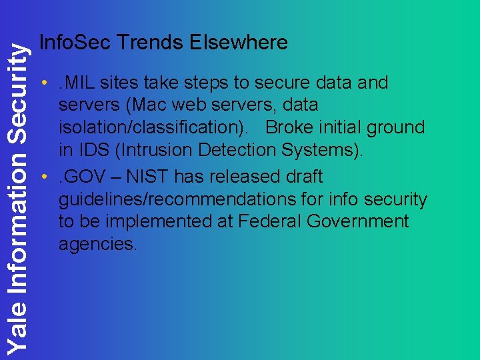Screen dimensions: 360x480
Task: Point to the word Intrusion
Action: click(151, 150)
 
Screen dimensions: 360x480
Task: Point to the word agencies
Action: click(98, 244)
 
